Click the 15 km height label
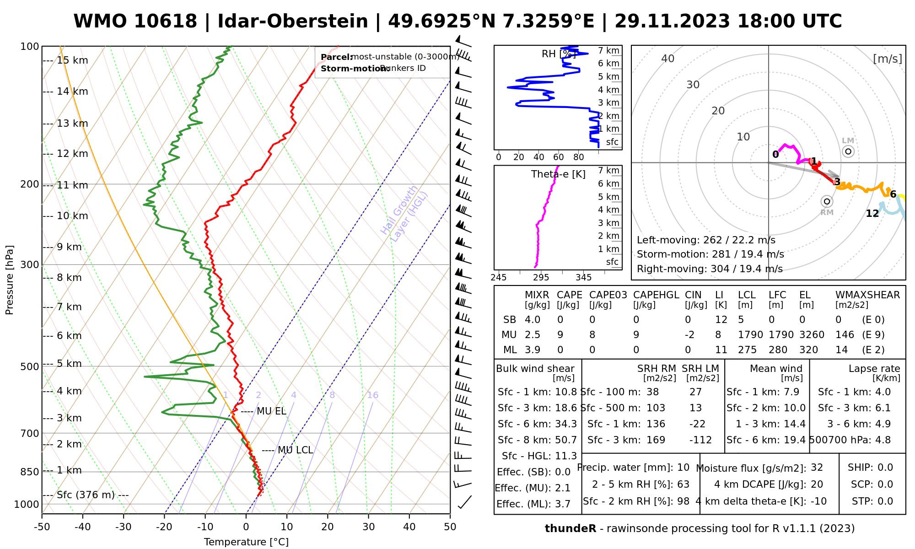click(x=72, y=60)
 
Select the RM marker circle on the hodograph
click(x=827, y=201)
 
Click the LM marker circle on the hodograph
click(x=848, y=151)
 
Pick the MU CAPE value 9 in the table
click(x=560, y=335)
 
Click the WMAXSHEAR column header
click(x=867, y=295)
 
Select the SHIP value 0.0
click(x=885, y=468)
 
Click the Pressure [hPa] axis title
click(x=10, y=280)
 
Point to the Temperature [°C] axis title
click(x=246, y=542)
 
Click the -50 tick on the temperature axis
click(x=42, y=527)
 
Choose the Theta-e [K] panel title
click(x=558, y=174)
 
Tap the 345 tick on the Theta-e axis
click(x=583, y=278)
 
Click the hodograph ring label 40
click(x=668, y=59)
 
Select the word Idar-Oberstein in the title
click(x=293, y=22)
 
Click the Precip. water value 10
click(x=683, y=468)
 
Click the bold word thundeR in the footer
click(x=570, y=529)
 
